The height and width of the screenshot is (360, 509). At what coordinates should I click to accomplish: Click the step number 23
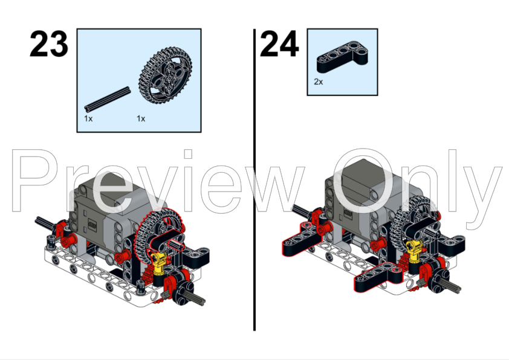49,43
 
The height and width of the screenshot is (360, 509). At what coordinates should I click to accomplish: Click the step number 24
279,43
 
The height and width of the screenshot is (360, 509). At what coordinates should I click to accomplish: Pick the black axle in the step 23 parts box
108,99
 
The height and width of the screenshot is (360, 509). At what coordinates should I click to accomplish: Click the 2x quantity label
318,82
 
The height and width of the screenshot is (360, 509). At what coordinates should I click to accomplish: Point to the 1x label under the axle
88,119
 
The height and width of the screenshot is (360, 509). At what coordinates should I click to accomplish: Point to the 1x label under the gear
141,119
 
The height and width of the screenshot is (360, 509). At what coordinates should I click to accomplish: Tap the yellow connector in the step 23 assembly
159,263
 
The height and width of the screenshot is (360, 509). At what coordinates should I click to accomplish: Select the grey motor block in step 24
363,194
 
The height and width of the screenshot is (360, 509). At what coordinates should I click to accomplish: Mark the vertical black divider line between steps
254,180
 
